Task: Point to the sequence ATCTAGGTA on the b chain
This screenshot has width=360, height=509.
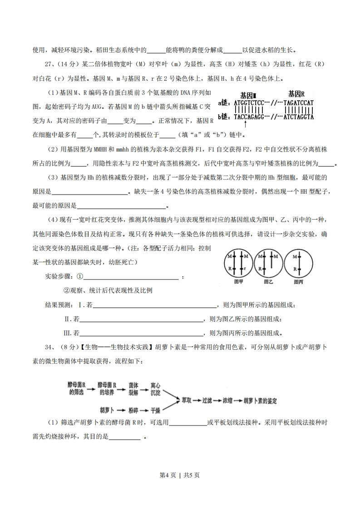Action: (298, 117)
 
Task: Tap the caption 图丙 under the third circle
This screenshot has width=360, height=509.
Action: (298, 282)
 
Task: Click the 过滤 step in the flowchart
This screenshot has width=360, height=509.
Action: (208, 401)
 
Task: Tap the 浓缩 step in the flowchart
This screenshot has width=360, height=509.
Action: (228, 401)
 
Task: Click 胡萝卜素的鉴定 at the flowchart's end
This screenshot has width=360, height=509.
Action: (261, 401)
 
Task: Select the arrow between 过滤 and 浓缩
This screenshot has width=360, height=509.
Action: (218, 401)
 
